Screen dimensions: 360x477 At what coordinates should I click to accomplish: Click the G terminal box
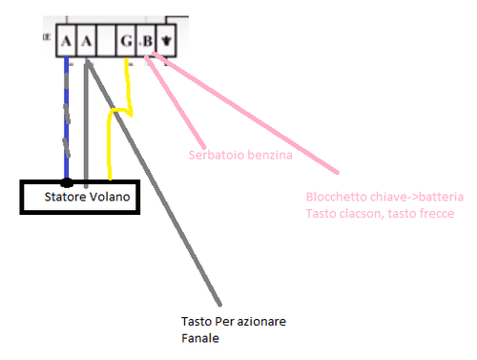[127, 42]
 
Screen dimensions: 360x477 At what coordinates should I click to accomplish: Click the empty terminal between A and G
[107, 42]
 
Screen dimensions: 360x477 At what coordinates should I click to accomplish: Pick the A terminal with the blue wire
[66, 42]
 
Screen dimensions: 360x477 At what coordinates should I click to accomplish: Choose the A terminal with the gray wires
[87, 42]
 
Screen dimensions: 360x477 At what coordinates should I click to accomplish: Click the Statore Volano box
[79, 197]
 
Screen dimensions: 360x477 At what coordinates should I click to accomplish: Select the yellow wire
[111, 143]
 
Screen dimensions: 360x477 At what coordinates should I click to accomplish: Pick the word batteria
[438, 197]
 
